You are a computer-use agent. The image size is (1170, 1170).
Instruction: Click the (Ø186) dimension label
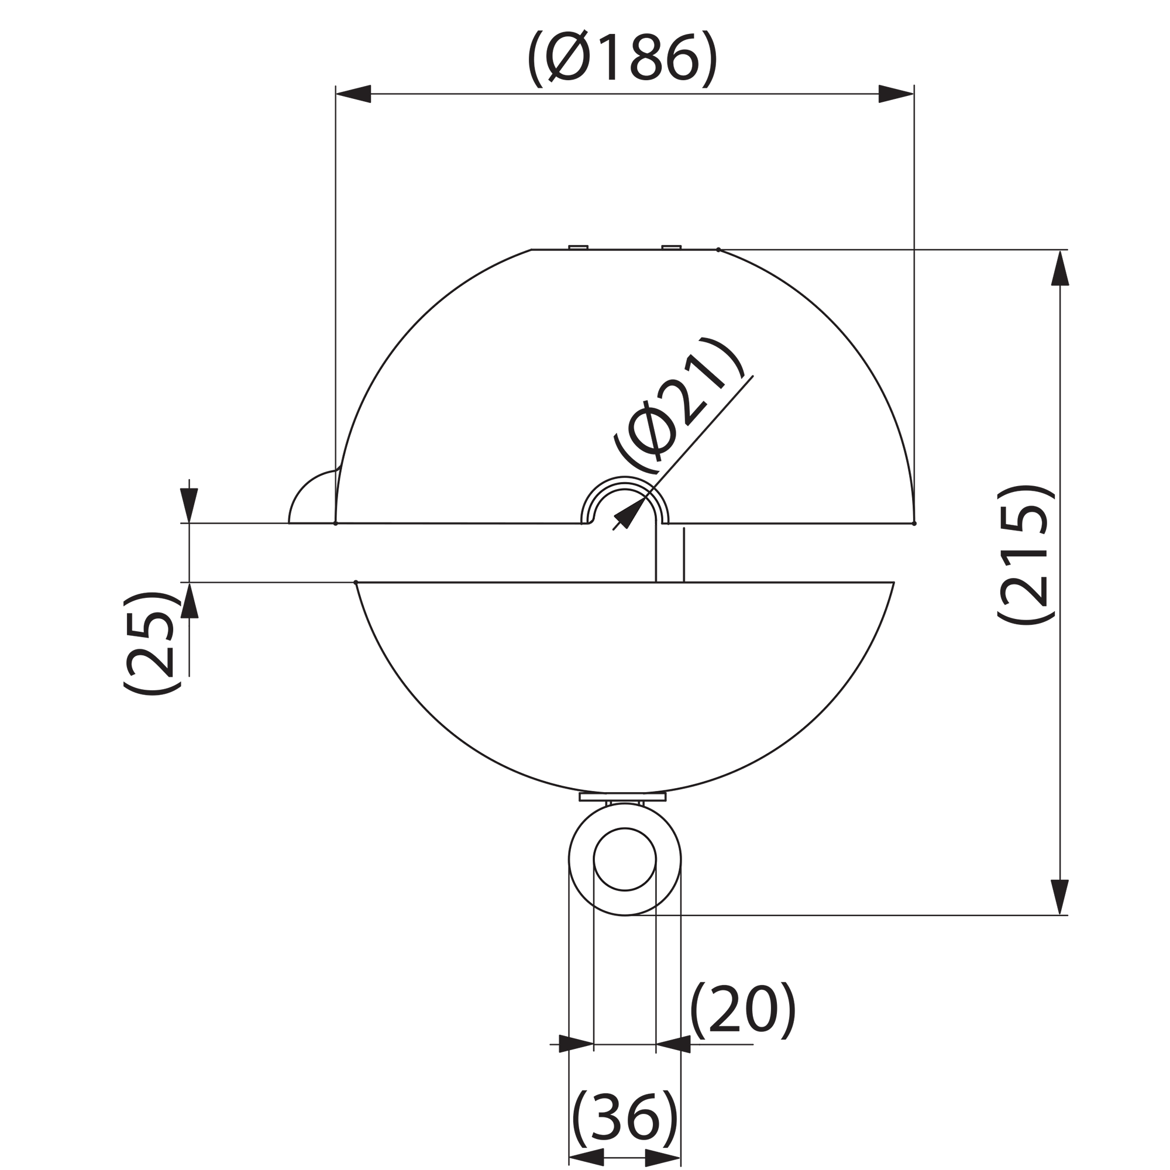pyautogui.click(x=622, y=59)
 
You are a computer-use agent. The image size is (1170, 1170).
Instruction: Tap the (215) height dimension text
pyautogui.click(x=1026, y=554)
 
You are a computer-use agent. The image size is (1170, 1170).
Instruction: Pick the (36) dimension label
pyautogui.click(x=624, y=1119)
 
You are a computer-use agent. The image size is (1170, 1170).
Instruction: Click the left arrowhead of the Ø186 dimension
pyautogui.click(x=353, y=94)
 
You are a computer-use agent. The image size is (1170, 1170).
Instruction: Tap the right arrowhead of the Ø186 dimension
pyautogui.click(x=896, y=94)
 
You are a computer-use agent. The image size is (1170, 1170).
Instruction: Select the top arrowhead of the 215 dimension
pyautogui.click(x=1060, y=268)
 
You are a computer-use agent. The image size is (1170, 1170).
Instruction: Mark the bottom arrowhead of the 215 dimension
pyautogui.click(x=1060, y=897)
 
